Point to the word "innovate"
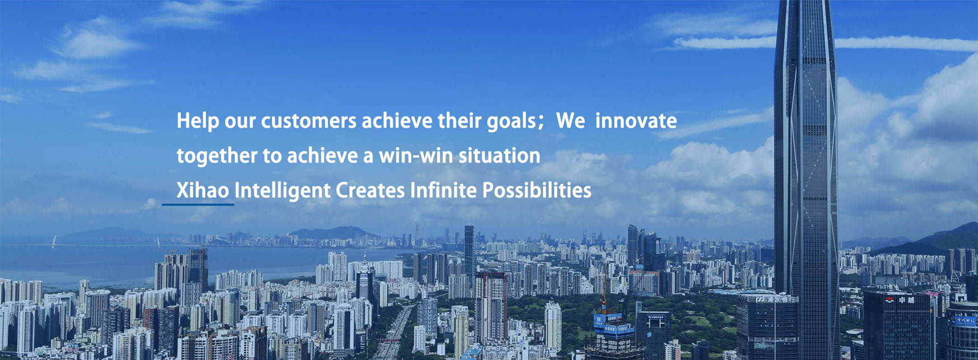click(636, 121)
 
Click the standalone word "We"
click(570, 121)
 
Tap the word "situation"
click(499, 155)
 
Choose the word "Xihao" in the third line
click(203, 190)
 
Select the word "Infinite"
click(443, 190)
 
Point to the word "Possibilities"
click(537, 190)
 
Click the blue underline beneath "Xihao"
click(198, 205)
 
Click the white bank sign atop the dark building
click(774, 299)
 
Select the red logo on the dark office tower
click(890, 299)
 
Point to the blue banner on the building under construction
click(614, 325)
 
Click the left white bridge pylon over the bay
click(53, 241)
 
